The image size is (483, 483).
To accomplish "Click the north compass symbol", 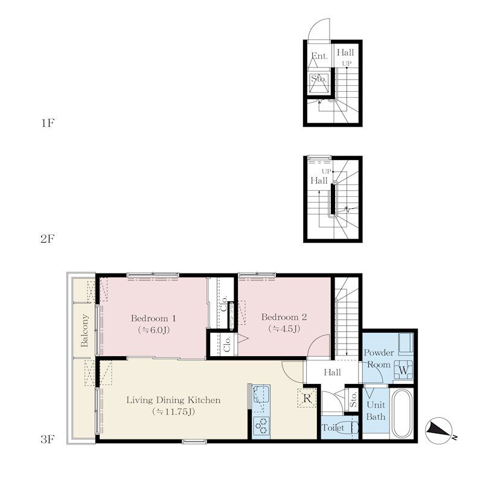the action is point(439,431).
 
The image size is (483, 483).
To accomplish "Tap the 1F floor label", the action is point(48,123).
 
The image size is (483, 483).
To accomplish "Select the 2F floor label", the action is point(48,238).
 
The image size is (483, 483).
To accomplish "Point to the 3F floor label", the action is point(48,440).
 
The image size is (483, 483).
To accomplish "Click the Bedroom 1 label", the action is point(153,318).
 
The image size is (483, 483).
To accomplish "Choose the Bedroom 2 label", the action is point(284,317).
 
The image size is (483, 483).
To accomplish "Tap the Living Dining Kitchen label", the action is point(173,400).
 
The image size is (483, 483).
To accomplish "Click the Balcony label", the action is point(85,330).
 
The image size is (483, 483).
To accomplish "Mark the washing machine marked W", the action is point(403,369).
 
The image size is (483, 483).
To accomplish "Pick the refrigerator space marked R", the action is point(307,398).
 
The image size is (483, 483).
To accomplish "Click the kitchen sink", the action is point(261,395).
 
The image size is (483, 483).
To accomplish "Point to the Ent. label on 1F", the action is point(319,56).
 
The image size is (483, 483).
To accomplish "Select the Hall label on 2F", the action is point(319,181).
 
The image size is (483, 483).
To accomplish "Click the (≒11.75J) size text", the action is point(173,412).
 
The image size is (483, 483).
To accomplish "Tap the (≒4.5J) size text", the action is point(284,329).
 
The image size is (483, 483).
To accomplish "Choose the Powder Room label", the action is point(379,359).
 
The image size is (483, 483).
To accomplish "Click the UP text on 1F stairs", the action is point(347,63).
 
